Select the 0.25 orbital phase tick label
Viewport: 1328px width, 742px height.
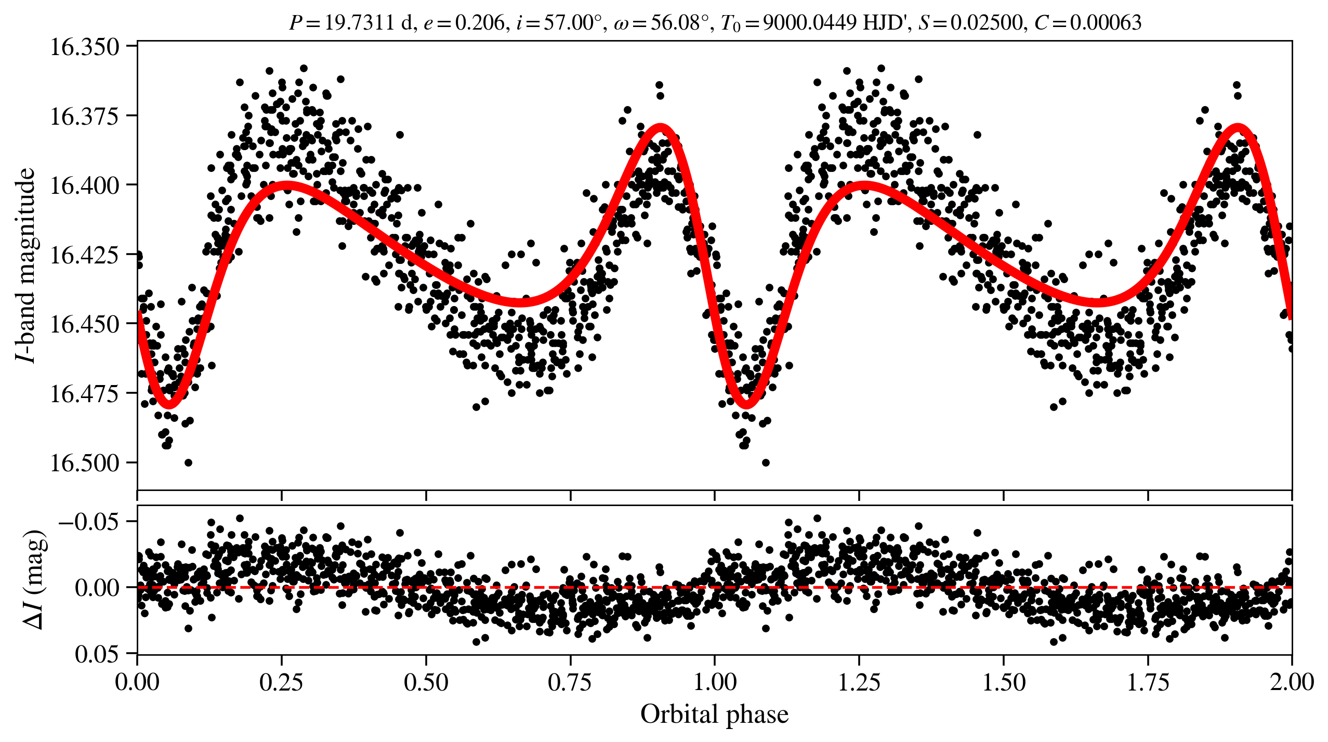281,682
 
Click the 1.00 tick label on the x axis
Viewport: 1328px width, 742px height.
715,682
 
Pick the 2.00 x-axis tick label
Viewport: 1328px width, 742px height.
1292,682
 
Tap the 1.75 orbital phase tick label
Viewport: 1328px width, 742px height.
1148,682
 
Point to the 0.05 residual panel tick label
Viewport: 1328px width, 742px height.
97,654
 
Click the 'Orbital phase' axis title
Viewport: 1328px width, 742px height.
714,714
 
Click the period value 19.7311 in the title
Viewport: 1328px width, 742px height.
359,23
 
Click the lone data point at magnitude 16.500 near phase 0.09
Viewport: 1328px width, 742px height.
189,462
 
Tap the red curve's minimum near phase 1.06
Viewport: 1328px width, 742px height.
746,404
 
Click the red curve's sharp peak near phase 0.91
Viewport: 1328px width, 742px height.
661,127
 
